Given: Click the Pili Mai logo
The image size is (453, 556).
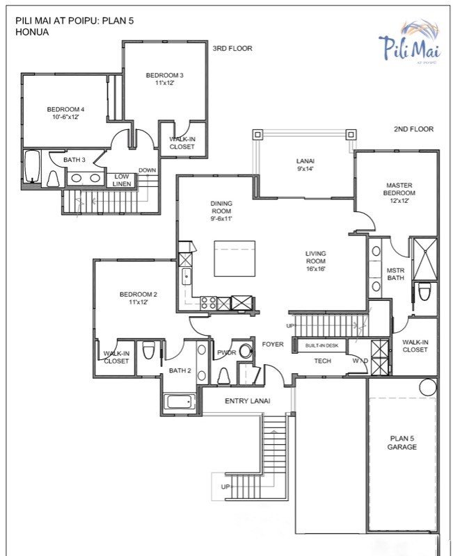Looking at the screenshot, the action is point(410,42).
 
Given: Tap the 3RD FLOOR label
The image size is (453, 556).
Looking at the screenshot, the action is point(232,49).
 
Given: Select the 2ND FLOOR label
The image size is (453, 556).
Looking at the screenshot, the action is point(413,129).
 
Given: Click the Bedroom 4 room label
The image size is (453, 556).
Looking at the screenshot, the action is point(65,113).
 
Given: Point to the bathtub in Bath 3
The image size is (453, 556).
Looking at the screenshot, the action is point(32,166).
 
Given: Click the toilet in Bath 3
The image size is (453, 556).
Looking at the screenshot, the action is point(54,179).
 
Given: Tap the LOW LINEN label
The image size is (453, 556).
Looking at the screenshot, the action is point(122,180).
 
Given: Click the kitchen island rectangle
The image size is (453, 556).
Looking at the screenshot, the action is point(235,259).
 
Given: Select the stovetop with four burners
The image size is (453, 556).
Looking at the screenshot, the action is point(208,303).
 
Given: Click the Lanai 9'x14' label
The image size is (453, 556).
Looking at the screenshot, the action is point(305,165).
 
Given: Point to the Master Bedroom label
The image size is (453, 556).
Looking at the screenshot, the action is point(399,193).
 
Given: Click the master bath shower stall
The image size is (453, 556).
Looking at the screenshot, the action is point(425,259).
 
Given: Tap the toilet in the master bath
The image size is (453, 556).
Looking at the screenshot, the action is point(424,291).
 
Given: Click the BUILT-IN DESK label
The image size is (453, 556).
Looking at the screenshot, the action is point(322,345).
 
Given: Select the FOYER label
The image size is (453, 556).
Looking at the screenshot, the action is point(273,344).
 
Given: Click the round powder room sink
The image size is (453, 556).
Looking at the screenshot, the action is point(246,351).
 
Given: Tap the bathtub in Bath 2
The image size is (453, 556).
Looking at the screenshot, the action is point(181,402).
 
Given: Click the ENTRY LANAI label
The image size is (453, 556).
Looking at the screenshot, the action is point(248,401).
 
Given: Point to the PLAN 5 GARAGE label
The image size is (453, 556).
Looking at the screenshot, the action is point(402,443).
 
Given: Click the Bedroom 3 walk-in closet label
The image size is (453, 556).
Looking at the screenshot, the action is point(182,143).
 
